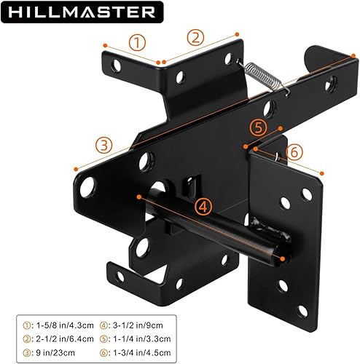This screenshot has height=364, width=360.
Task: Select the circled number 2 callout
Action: (x=195, y=37)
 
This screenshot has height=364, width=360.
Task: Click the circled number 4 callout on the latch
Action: (x=205, y=206)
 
